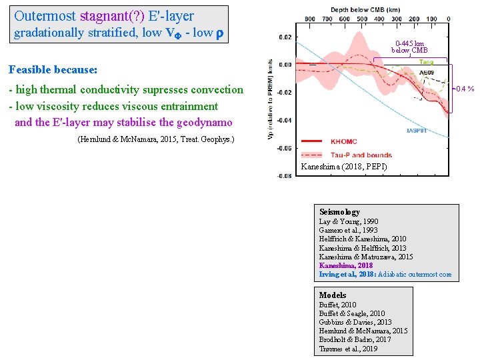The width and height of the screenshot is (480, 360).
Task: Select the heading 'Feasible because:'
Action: click(x=53, y=69)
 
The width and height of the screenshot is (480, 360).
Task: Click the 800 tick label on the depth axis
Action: click(x=310, y=19)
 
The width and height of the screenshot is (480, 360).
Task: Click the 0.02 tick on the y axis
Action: click(x=285, y=37)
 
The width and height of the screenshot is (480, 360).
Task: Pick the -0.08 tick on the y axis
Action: click(x=285, y=176)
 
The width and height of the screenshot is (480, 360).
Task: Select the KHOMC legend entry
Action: click(x=343, y=141)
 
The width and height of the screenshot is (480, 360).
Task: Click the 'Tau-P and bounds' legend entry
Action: click(x=353, y=155)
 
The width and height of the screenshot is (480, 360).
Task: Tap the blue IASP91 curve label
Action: click(x=417, y=131)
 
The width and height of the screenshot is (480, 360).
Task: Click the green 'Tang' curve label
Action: click(x=425, y=62)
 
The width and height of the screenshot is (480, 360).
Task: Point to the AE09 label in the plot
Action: click(x=426, y=72)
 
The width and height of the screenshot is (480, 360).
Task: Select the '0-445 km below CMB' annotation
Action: click(x=409, y=47)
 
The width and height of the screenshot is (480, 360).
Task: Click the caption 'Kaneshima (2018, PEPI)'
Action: click(x=343, y=166)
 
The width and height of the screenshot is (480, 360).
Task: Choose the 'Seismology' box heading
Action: click(x=339, y=212)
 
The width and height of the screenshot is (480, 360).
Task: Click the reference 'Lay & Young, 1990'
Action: click(x=349, y=221)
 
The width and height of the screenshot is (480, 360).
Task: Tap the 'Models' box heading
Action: click(x=333, y=295)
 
